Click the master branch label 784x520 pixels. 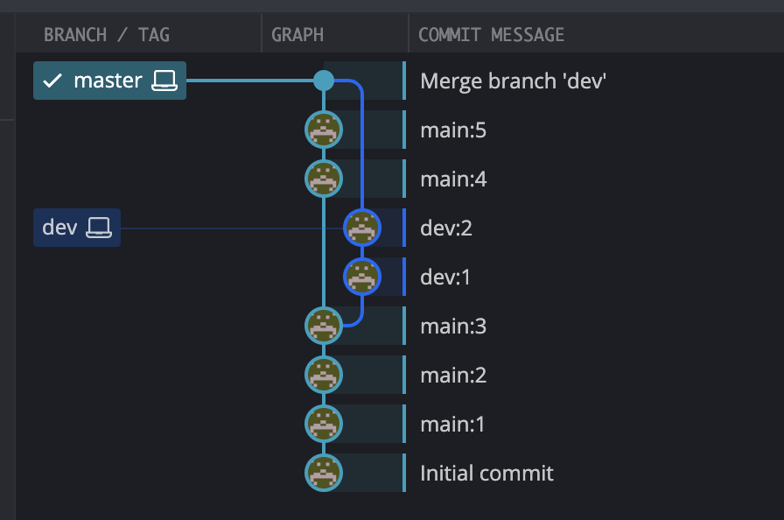coord(108,81)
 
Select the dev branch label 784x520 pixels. coord(59,228)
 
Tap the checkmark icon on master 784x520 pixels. coord(52,81)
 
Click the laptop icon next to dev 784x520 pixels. coord(99,228)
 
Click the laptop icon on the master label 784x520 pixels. coord(164,81)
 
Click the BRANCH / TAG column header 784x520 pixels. coord(107,35)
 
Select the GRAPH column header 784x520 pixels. coord(297,35)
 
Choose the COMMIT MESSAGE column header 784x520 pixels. coord(491,35)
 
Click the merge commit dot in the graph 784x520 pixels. coord(324,81)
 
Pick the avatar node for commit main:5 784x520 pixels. coord(324,130)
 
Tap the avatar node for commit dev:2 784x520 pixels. coord(362,228)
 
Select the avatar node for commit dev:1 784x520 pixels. coord(362,277)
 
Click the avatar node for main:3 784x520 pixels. coord(324,326)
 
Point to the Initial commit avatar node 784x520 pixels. coord(324,473)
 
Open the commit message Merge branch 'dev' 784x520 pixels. coord(514,81)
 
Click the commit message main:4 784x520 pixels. coord(453,179)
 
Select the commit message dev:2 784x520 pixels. coord(446,228)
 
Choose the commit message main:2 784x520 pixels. coord(453,375)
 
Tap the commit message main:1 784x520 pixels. coord(452,424)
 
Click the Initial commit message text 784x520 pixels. coord(486,473)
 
